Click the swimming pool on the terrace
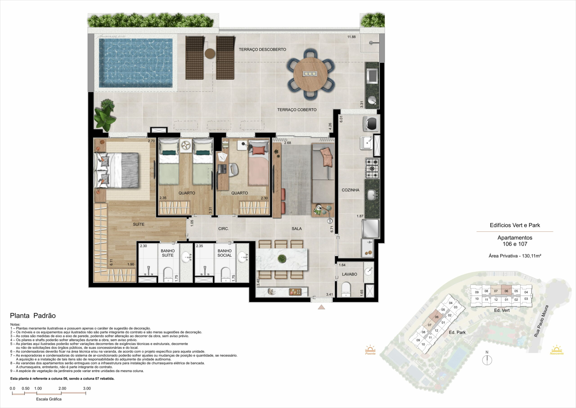point(136,63)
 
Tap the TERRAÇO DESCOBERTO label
point(262,50)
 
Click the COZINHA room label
point(351,190)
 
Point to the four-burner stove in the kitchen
point(372,168)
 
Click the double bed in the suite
point(116,170)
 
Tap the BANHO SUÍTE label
point(168,253)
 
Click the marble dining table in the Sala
point(281,259)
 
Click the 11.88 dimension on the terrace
point(351,37)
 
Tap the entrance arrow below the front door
point(321,307)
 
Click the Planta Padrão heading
point(33,316)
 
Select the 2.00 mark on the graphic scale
point(62,388)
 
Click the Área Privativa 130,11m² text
point(515,256)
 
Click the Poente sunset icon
point(370,350)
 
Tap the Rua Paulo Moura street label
point(541,321)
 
